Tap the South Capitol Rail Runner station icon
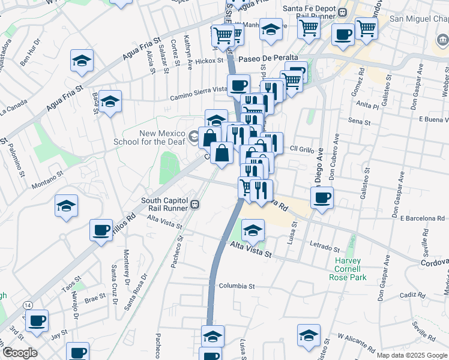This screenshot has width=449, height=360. (194, 205)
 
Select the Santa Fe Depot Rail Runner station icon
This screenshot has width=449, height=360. (342, 12)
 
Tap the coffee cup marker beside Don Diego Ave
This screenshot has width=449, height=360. (322, 197)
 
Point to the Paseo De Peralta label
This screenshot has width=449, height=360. (268, 58)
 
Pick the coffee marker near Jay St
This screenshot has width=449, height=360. (37, 322)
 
